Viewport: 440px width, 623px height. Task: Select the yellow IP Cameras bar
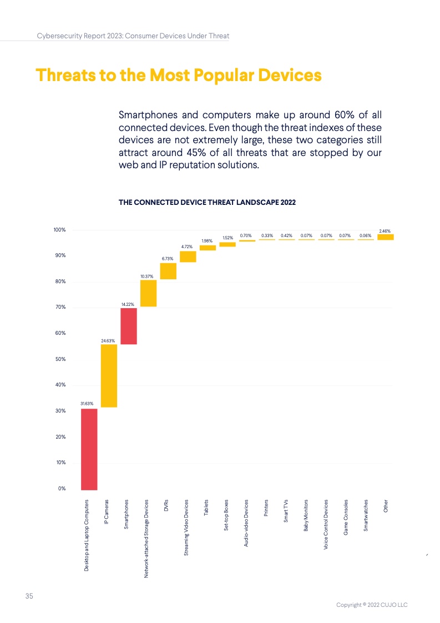tap(109, 376)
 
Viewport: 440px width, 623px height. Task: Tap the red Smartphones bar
tap(129, 326)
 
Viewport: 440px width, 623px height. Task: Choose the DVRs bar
tap(168, 271)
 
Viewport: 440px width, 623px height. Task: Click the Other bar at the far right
tap(385, 237)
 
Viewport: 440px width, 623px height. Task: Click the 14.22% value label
tap(129, 304)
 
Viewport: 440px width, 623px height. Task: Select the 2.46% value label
tap(385, 230)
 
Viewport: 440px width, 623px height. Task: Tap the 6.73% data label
tap(168, 259)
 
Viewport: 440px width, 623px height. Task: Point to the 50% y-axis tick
tap(59, 359)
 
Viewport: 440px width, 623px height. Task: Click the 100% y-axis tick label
tap(59, 230)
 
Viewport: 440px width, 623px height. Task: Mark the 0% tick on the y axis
tap(61, 489)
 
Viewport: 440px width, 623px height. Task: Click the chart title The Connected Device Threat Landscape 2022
tap(207, 203)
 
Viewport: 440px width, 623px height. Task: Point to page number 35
tap(29, 596)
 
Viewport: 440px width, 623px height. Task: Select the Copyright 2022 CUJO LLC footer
tap(372, 605)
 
